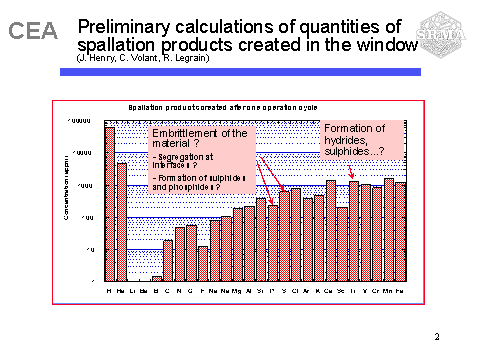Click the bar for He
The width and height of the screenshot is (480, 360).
click(122, 221)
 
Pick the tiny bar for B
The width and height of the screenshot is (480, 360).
click(156, 278)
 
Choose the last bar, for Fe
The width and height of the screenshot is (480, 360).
click(400, 231)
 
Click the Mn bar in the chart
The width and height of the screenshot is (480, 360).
click(389, 229)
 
